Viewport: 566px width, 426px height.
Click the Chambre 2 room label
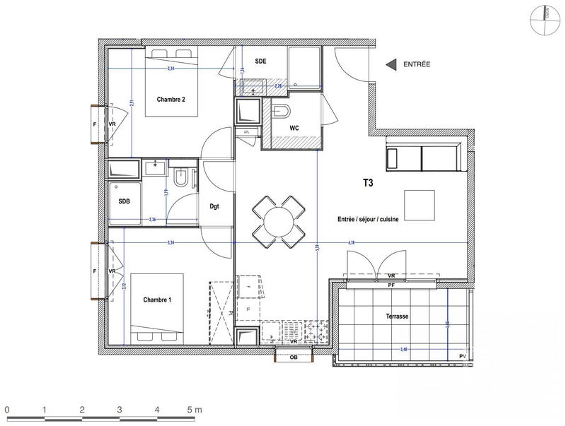pos(171,100)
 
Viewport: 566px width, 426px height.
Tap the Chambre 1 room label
pos(157,300)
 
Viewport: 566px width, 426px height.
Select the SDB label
pos(124,201)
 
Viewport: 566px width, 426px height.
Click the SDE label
pos(260,61)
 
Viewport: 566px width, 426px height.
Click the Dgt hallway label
pos(215,207)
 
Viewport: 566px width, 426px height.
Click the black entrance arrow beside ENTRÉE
pos(390,65)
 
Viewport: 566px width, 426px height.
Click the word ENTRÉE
pos(417,65)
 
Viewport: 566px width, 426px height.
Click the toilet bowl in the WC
pos(281,112)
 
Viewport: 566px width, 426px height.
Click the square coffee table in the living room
pos(420,206)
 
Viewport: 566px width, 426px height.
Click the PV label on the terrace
pos(463,355)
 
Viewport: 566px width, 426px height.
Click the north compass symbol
pos(546,19)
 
